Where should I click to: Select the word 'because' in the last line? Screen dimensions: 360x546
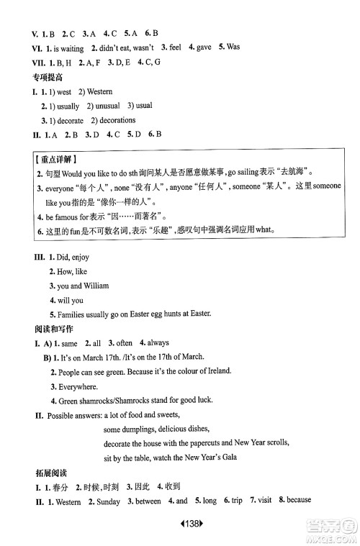(x=301, y=502)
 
